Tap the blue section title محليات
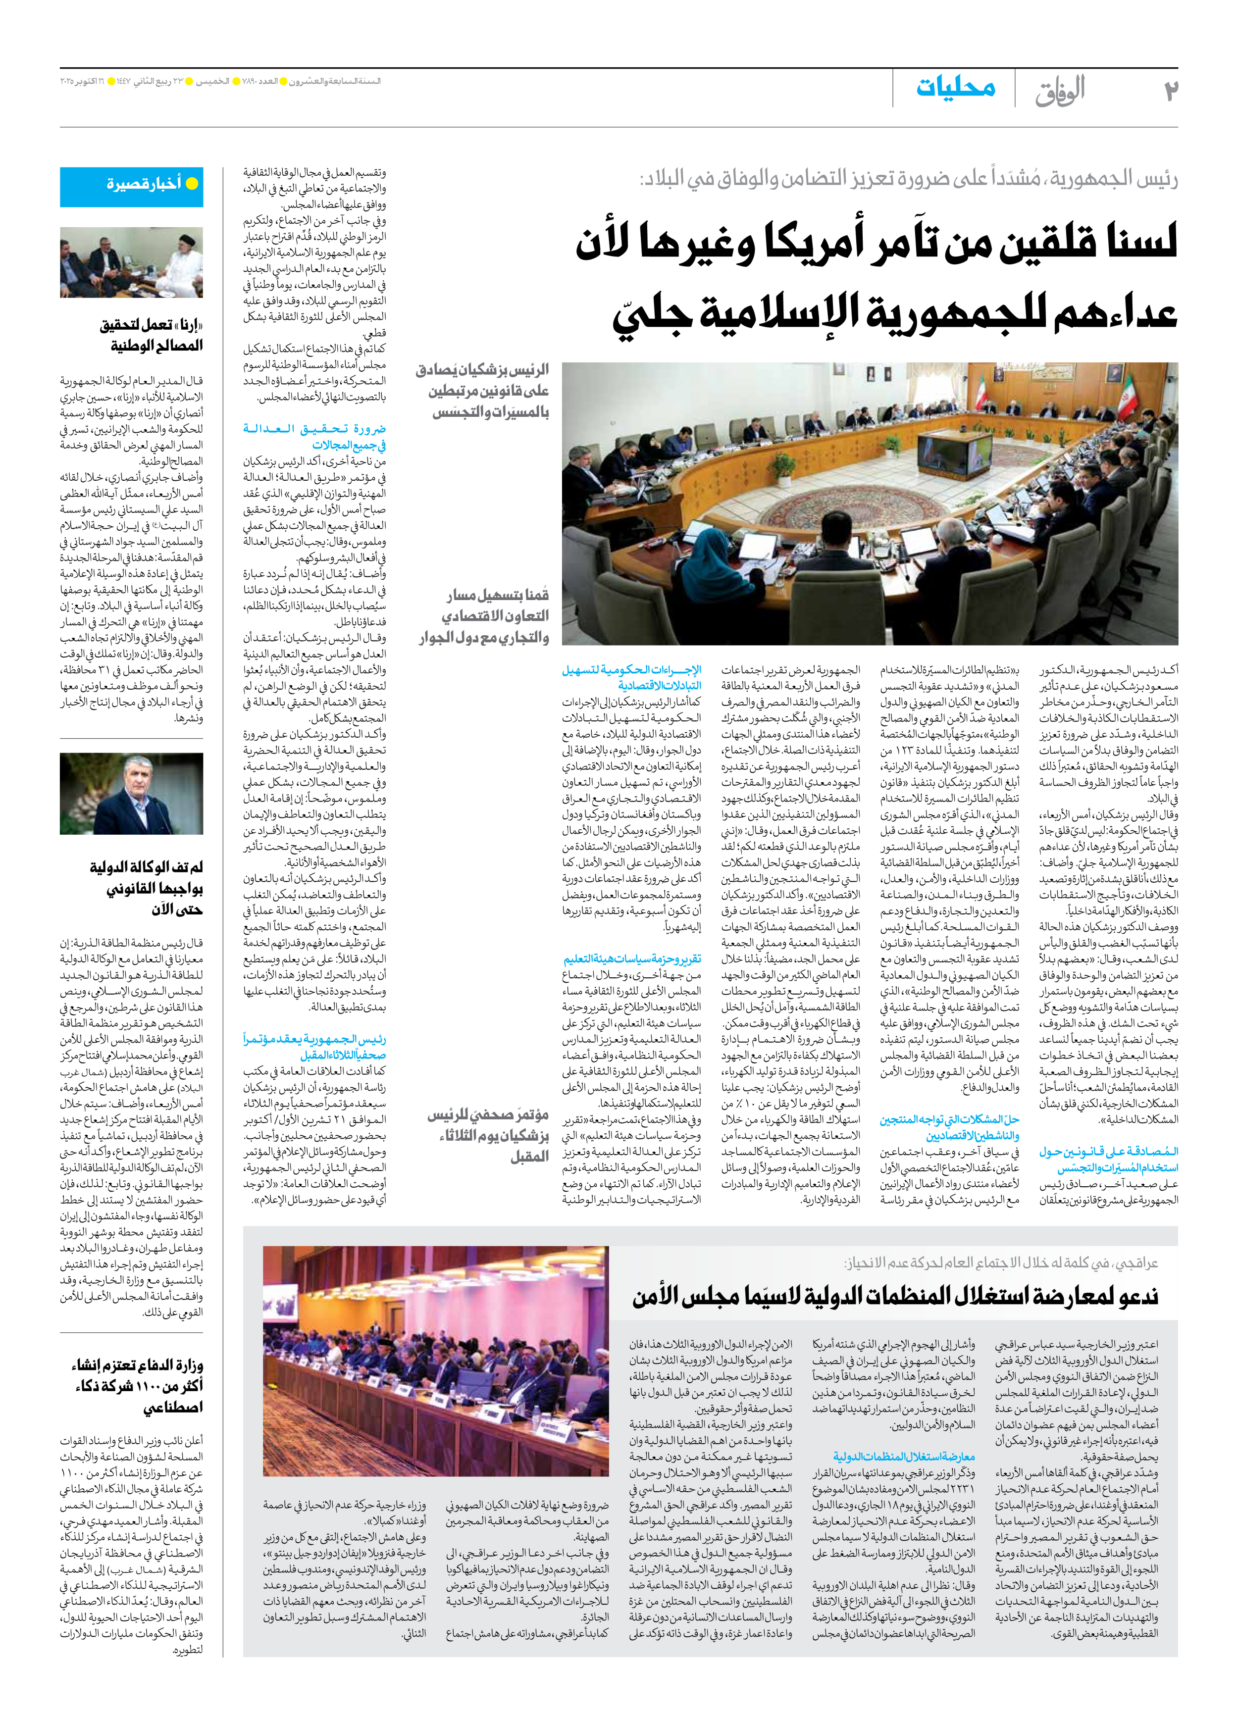[956, 88]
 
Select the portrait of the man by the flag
[132, 793]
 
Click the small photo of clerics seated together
[132, 263]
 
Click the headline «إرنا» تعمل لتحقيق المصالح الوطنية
[152, 335]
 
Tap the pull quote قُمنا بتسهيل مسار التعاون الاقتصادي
[485, 615]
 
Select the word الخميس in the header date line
[213, 81]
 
